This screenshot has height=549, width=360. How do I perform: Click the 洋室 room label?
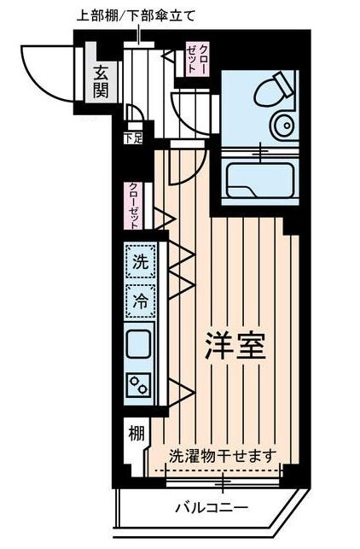(235, 345)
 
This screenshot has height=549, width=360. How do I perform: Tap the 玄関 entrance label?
(102, 82)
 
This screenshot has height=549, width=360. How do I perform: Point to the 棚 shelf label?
(136, 433)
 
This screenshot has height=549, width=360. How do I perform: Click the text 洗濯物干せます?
(222, 456)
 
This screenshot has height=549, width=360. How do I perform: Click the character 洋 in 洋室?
(218, 345)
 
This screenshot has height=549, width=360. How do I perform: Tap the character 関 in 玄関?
(102, 91)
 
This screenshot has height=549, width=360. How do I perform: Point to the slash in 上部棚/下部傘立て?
(129, 14)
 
